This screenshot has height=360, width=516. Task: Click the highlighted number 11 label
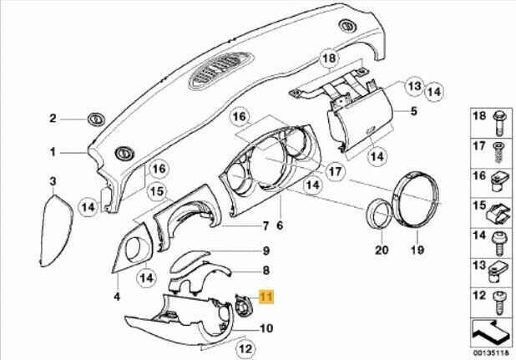(x=266, y=297)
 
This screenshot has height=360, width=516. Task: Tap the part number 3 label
(x=53, y=181)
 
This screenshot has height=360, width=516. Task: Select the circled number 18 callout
(x=330, y=58)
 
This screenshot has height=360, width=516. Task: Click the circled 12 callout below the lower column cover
(x=245, y=348)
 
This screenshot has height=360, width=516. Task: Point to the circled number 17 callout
(x=336, y=171)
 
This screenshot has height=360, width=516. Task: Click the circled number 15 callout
(x=157, y=191)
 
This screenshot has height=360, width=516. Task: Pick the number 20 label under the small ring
(x=382, y=250)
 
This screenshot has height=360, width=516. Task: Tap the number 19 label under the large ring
(x=417, y=250)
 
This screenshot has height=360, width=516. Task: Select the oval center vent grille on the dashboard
(x=221, y=71)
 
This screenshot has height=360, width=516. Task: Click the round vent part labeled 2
(x=96, y=119)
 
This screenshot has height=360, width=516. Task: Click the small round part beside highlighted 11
(x=244, y=306)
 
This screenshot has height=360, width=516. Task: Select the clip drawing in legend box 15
(x=499, y=215)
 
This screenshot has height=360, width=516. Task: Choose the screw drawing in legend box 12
(x=499, y=303)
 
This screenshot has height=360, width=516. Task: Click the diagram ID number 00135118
(x=491, y=352)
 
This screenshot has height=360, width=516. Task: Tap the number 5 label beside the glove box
(x=413, y=111)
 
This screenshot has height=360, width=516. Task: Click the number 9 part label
(x=266, y=251)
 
